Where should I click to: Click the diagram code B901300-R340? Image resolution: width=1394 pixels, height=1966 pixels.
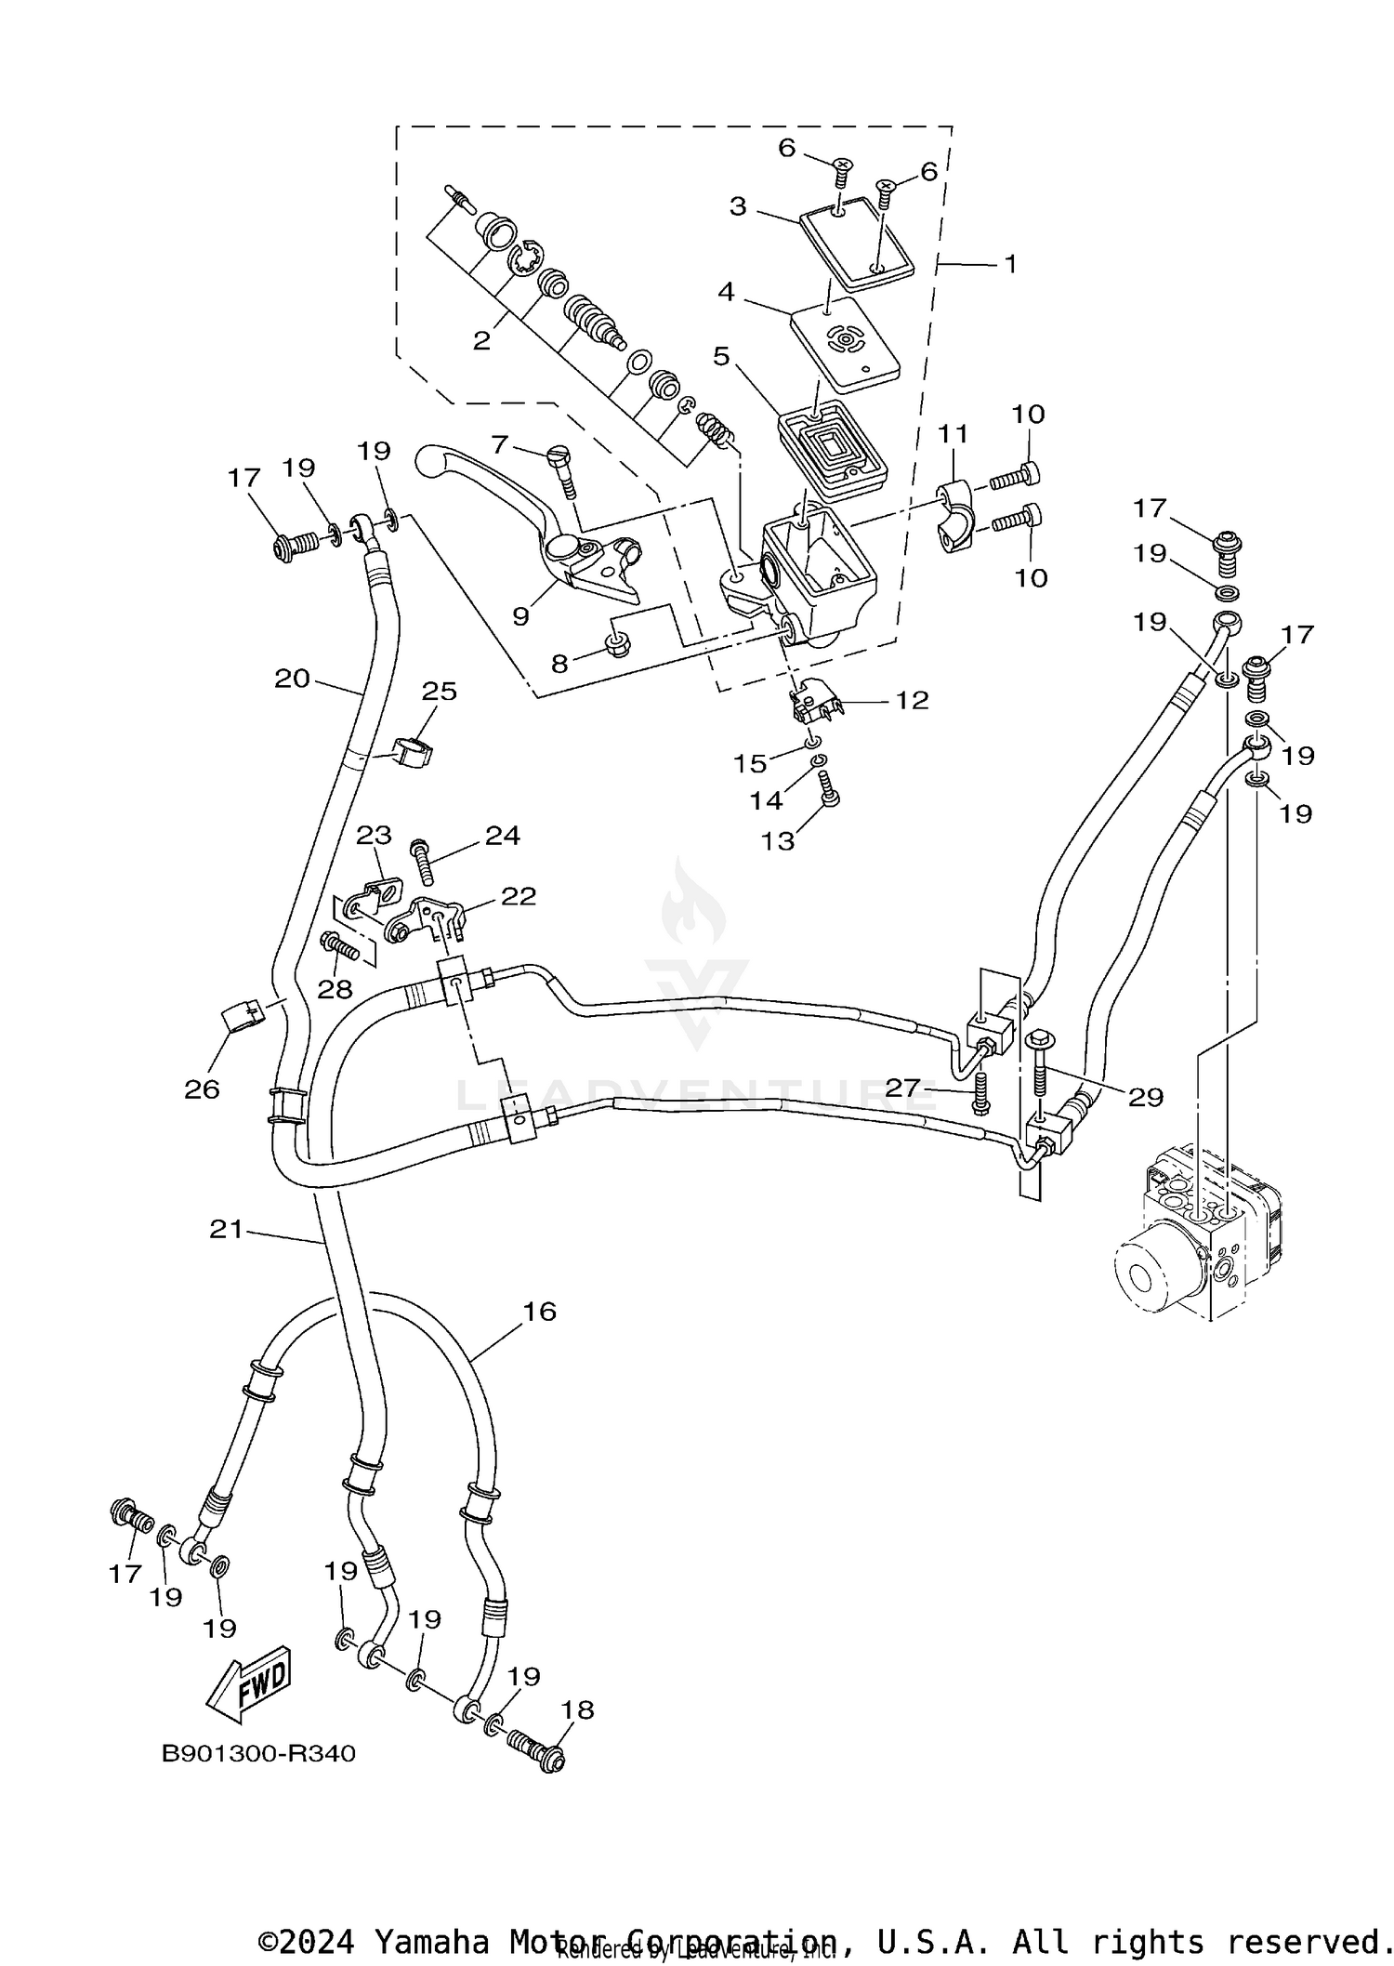coord(258,1753)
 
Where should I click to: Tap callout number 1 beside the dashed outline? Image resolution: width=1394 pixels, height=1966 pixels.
coord(1010,265)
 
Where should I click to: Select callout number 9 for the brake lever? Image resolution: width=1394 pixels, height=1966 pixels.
coord(520,615)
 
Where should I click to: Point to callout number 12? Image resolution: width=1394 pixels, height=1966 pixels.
coord(913,700)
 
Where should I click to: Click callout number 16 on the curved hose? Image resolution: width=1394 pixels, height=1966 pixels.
coord(539,1312)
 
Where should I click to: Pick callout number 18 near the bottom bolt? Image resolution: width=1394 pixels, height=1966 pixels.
coord(578,1709)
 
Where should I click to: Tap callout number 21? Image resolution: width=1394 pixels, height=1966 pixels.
coord(226,1229)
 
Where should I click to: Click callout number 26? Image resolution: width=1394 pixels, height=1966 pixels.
coord(202,1089)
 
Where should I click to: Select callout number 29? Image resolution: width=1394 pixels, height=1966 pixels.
coord(1146,1097)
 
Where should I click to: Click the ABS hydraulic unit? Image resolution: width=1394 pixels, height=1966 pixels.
coord(1199,1236)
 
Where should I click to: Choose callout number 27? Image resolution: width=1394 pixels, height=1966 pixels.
coord(902,1087)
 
